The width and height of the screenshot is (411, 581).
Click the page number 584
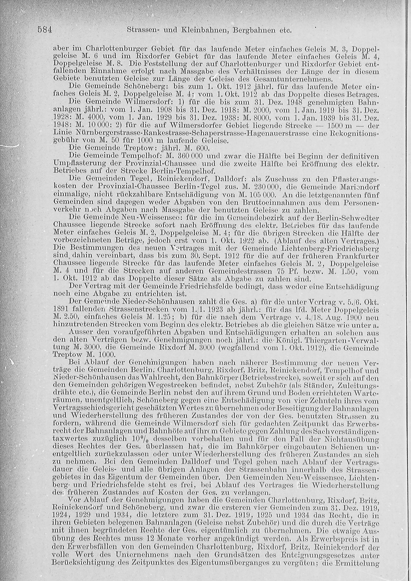(x=45, y=30)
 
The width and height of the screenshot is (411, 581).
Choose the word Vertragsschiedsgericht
(x=94, y=408)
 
